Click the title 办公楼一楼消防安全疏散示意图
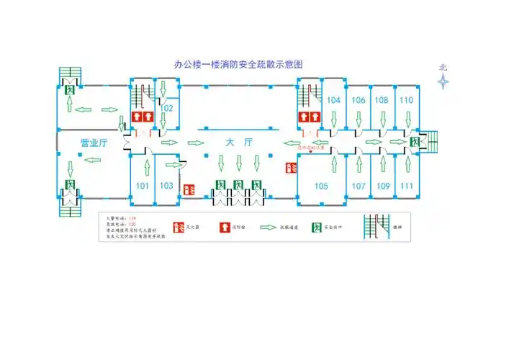click(238, 64)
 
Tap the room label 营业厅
click(93, 143)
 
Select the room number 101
click(143, 186)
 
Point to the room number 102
click(166, 108)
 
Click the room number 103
click(166, 186)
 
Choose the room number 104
click(333, 100)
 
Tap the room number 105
click(321, 186)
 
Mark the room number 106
click(359, 100)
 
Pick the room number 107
click(359, 186)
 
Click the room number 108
click(382, 100)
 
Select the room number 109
click(383, 186)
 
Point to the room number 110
click(406, 100)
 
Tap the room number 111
click(407, 186)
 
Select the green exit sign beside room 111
click(415, 142)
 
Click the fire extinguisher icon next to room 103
click(190, 189)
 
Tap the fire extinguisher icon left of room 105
click(291, 167)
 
